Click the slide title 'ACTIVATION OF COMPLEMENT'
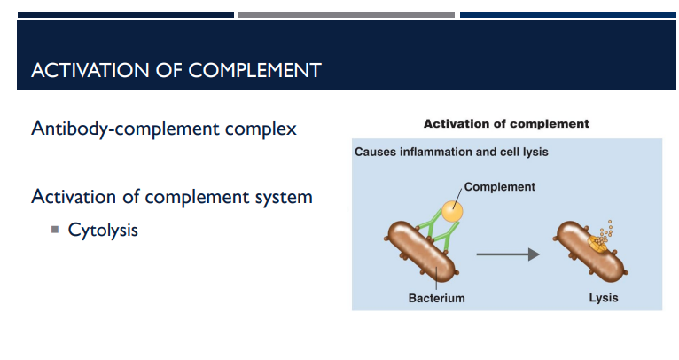(176, 70)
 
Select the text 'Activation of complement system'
(172, 196)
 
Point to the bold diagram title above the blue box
(506, 123)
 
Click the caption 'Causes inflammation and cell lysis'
(451, 152)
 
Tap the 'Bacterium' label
(436, 298)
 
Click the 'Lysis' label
(604, 298)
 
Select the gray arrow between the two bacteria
(507, 254)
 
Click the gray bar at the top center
(347, 14)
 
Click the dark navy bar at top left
(126, 14)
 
